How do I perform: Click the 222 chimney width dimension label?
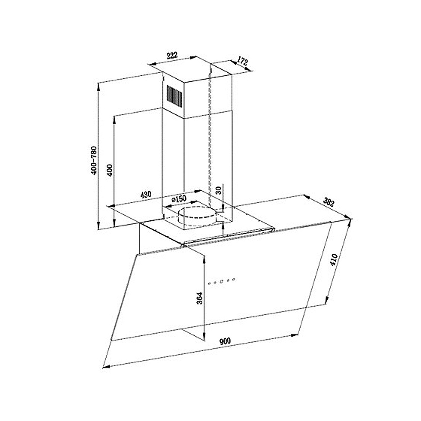tap(172, 55)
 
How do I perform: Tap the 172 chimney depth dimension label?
tap(242, 62)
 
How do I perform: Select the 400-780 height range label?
tap(94, 160)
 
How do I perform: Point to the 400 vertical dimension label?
tap(110, 170)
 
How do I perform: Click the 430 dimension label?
tap(146, 194)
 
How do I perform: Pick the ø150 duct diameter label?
tap(179, 199)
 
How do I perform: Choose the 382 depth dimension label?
tap(329, 202)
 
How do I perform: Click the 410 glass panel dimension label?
tap(334, 260)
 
